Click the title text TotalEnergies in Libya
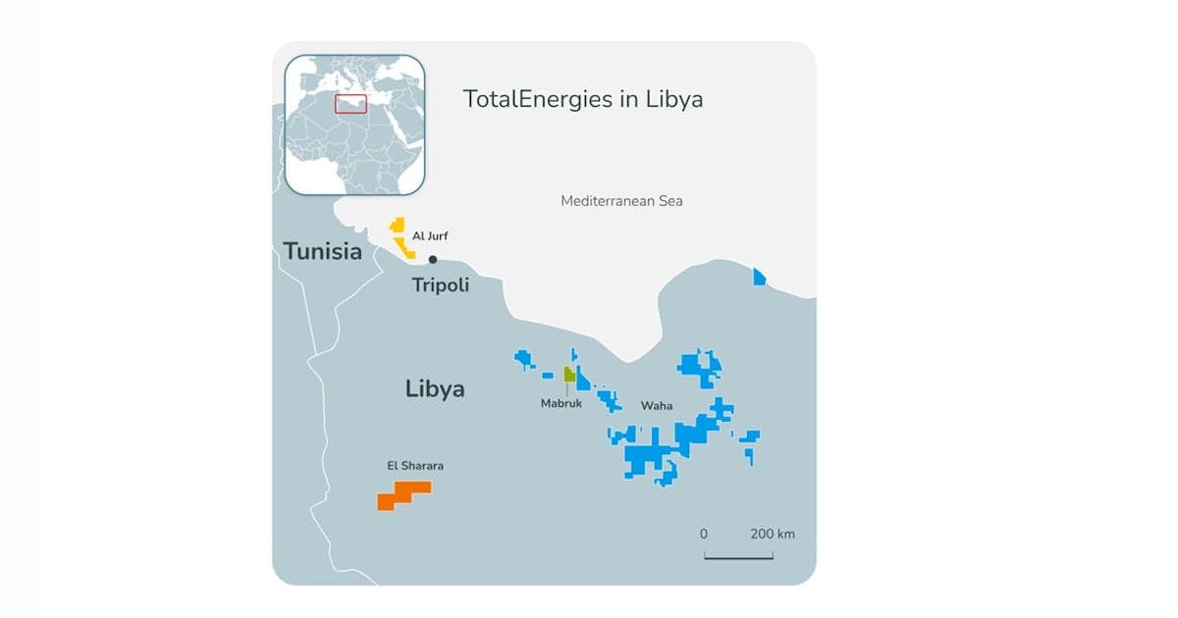click(582, 99)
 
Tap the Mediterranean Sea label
click(620, 201)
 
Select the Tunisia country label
click(322, 252)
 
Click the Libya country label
click(434, 389)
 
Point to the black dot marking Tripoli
click(432, 259)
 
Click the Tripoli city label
click(440, 285)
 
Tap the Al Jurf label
click(431, 236)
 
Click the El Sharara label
click(415, 466)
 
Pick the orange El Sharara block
click(402, 495)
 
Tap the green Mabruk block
click(568, 374)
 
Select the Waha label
click(656, 405)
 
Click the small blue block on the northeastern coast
click(759, 279)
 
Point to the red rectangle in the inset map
click(350, 103)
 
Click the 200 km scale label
click(773, 535)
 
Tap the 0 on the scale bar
click(704, 535)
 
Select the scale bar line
click(738, 557)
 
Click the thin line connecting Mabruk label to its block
click(566, 387)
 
